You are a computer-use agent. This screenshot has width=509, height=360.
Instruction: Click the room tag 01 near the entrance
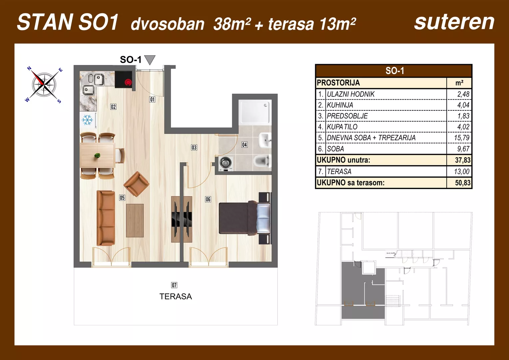(152, 99)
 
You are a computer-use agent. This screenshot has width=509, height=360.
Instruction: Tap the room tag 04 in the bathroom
(245, 145)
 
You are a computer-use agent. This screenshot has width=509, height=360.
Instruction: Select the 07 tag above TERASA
(174, 285)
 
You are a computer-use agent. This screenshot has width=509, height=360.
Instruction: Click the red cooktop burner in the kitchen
(128, 82)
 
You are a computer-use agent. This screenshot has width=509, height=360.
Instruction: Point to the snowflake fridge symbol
(87, 120)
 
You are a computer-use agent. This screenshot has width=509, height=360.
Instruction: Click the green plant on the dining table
(97, 155)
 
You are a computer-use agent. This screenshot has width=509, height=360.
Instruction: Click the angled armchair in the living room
(136, 184)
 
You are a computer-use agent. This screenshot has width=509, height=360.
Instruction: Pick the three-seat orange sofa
(106, 218)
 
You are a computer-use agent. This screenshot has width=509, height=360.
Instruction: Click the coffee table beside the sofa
(135, 220)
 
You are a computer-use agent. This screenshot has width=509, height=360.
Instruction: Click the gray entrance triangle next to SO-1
(150, 60)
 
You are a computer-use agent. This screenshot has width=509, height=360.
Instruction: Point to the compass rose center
(44, 84)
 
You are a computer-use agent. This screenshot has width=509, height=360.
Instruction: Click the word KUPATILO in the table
(342, 127)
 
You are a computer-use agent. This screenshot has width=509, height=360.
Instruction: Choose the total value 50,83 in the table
(462, 183)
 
